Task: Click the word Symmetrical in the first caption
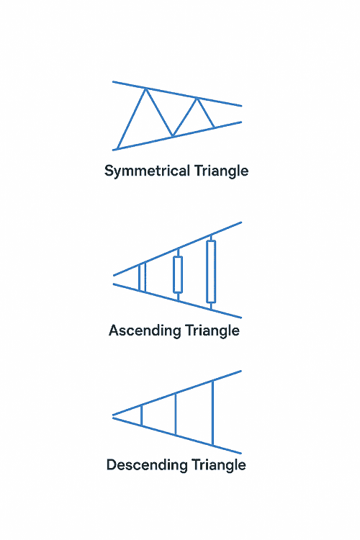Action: (x=147, y=171)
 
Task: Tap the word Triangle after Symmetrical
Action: (x=221, y=171)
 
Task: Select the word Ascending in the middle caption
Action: (x=145, y=331)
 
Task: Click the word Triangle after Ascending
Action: (x=212, y=331)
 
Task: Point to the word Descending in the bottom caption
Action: (x=147, y=465)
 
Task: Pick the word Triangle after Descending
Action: (x=219, y=465)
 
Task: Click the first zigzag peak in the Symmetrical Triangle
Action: (x=146, y=89)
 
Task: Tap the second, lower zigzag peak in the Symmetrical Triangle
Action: (x=197, y=99)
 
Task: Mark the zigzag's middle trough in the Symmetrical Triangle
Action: (x=173, y=136)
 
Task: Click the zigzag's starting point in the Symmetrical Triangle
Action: (x=117, y=149)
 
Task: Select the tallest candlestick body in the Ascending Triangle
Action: (x=211, y=271)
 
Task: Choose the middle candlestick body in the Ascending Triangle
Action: (x=178, y=274)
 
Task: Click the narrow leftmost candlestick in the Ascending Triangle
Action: (x=142, y=277)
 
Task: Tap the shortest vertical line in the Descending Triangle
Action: (x=142, y=415)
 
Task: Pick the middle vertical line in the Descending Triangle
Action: (x=176, y=414)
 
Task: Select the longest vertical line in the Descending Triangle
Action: (x=212, y=413)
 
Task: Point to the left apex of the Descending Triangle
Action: (x=113, y=416)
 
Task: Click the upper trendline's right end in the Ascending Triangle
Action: (x=241, y=222)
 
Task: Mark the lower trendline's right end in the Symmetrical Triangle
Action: (x=241, y=122)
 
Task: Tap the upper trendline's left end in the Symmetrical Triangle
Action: (x=113, y=82)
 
